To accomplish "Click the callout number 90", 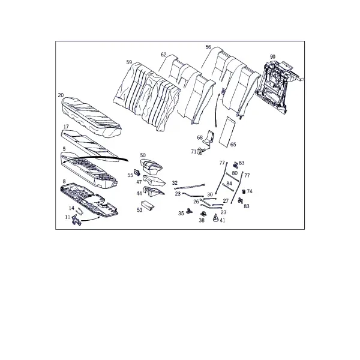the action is (x=272, y=57).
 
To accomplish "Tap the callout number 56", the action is (x=208, y=47).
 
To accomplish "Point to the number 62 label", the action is (x=163, y=55).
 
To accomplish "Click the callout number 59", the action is (x=129, y=62).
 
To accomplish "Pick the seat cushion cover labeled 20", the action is (x=92, y=117).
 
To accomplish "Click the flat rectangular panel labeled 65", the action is (x=227, y=131).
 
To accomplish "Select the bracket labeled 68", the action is (x=210, y=137).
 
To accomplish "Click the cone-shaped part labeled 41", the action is (x=216, y=218).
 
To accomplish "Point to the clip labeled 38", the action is (x=203, y=214).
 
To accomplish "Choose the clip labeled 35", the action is (x=189, y=211).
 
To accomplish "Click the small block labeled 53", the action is (x=148, y=205).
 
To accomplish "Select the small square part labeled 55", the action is (x=137, y=172).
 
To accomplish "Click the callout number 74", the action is (x=250, y=191).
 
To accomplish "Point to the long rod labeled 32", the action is (x=190, y=186).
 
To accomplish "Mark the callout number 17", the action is (x=66, y=127).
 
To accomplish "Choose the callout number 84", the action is (x=229, y=184).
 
